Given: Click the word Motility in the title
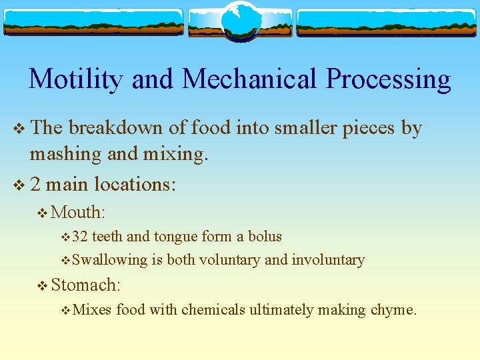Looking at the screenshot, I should point(76,79).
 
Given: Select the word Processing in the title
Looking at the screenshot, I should point(388,79).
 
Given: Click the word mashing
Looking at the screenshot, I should point(65,155).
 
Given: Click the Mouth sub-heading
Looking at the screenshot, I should point(78,212).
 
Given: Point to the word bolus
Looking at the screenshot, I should point(265,237).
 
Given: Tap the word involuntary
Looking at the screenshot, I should point(328,260).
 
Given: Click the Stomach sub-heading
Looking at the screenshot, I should point(85,285).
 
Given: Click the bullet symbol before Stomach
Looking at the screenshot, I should point(43,286).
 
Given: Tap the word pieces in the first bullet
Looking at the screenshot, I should point(369,128).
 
